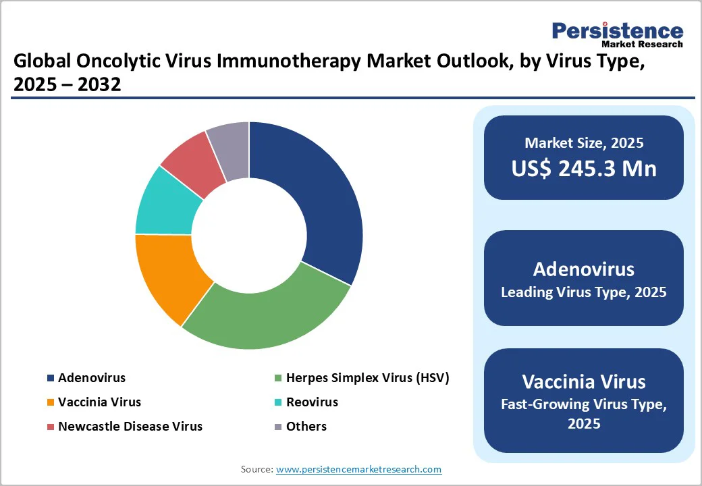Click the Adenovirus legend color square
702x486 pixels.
point(50,378)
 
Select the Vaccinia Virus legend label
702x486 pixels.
point(99,402)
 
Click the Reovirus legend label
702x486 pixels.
point(312,402)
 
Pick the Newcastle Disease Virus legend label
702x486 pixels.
point(130,427)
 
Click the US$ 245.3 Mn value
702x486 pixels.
point(584,168)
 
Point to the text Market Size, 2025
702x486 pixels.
point(584,143)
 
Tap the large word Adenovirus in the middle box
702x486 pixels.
point(584,269)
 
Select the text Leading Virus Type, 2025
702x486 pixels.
point(584,292)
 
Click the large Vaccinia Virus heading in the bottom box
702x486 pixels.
point(584,381)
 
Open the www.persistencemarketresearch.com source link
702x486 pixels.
point(358,469)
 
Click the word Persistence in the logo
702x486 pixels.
point(617,30)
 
